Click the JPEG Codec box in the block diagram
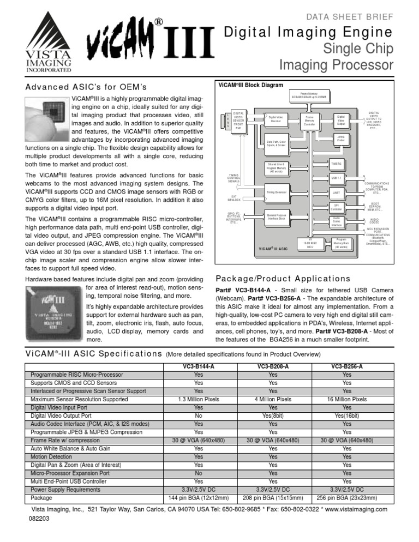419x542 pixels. pyautogui.click(x=340, y=138)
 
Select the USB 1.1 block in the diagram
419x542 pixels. pyautogui.click(x=336, y=178)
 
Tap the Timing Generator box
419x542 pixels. pyautogui.click(x=277, y=192)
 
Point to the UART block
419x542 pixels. pyautogui.click(x=336, y=192)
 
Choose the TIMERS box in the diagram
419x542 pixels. pyautogui.click(x=336, y=163)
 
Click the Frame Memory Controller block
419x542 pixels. pyautogui.click(x=309, y=121)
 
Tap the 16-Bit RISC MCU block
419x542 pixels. pyautogui.click(x=309, y=243)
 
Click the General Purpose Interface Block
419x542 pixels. pyautogui.click(x=278, y=217)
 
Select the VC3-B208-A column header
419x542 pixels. pyautogui.click(x=272, y=367)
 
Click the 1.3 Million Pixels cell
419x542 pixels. pyautogui.click(x=199, y=399)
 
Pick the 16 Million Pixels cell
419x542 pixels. pyautogui.click(x=346, y=399)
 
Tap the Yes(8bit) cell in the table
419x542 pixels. pyautogui.click(x=272, y=415)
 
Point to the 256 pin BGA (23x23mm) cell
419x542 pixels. pyautogui.click(x=346, y=497)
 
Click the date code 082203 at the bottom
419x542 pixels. pyautogui.click(x=39, y=520)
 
